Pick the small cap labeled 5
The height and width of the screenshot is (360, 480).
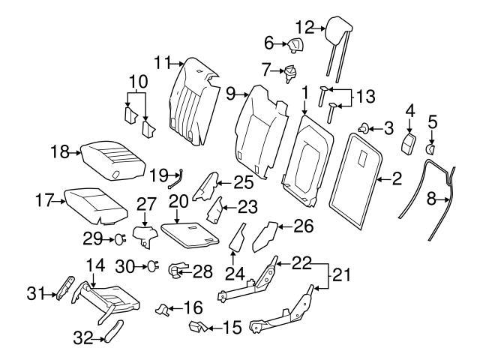[x=295, y=46]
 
